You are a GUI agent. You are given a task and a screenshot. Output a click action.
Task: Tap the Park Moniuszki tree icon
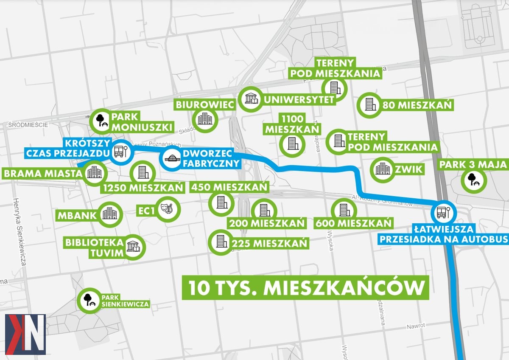(103, 121)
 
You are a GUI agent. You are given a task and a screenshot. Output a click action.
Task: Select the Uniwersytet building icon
(250, 99)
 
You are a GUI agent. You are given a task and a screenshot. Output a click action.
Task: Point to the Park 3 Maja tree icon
(474, 180)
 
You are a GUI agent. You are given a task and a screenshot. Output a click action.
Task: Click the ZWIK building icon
(383, 169)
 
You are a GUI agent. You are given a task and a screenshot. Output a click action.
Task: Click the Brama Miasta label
(42, 174)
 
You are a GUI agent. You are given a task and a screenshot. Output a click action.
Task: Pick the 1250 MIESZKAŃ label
(143, 188)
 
